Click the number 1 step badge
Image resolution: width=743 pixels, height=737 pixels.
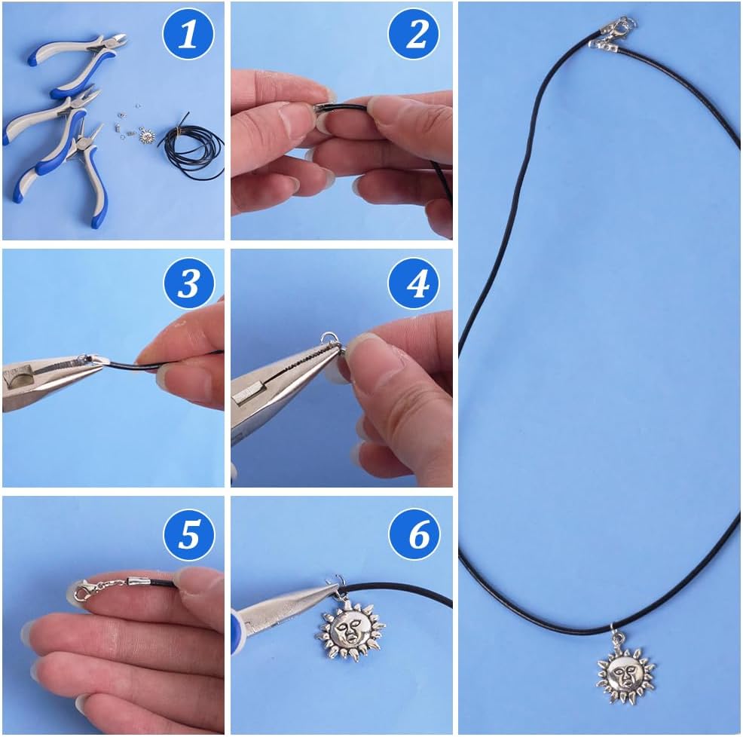point(188,35)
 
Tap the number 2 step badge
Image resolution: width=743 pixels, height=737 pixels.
point(414,35)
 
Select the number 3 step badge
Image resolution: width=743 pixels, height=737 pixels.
point(188,284)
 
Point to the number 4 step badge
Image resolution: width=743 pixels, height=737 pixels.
point(414,284)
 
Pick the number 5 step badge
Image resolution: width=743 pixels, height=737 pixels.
point(188,534)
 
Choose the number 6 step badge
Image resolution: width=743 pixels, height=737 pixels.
point(414,534)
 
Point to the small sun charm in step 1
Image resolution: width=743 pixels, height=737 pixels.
point(146,138)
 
